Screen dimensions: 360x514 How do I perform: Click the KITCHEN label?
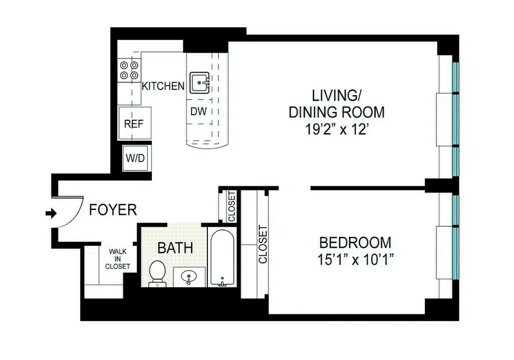(x=163, y=86)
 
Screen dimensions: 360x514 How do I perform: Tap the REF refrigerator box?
(x=134, y=124)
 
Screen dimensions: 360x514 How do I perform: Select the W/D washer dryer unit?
(x=135, y=159)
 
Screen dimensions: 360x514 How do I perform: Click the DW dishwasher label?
(x=198, y=111)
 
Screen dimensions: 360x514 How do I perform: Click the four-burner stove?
(x=128, y=70)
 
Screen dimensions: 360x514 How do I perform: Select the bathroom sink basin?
(x=189, y=276)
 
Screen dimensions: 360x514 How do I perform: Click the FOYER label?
(x=113, y=210)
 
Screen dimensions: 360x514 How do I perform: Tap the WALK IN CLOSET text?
(x=117, y=259)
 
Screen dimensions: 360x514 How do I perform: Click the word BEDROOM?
(x=355, y=243)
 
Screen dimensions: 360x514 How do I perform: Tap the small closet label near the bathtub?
(x=231, y=206)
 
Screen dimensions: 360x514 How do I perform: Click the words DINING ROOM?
(x=336, y=112)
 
